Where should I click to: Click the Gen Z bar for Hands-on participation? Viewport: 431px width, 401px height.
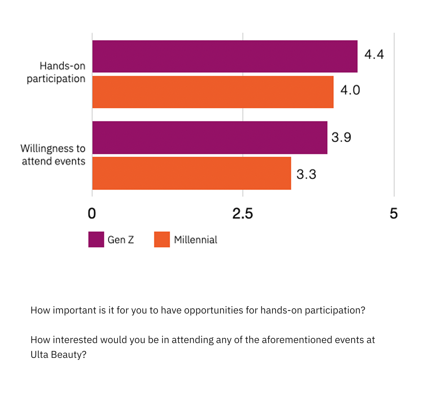pos(225,56)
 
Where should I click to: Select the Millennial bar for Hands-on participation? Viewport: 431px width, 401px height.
pos(213,92)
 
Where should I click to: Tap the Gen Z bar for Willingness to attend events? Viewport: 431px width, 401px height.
pos(210,138)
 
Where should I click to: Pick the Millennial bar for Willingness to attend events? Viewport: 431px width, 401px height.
pos(192,173)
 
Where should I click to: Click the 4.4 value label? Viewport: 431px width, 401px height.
pos(374,54)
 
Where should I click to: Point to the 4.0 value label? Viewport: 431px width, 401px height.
pos(350,90)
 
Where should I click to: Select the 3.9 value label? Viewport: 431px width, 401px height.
pos(341,137)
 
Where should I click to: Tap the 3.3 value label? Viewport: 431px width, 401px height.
pos(306,174)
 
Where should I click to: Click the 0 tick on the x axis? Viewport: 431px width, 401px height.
pos(92,213)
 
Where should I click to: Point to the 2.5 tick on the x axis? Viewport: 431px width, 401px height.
pos(242,213)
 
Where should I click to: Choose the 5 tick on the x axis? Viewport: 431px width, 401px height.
pos(394,213)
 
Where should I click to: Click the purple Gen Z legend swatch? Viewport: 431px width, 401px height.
pos(96,239)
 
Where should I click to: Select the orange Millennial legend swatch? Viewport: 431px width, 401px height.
pos(162,239)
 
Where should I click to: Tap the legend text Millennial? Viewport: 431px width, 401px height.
pos(195,240)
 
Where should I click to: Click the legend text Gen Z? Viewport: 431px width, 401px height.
pos(121,240)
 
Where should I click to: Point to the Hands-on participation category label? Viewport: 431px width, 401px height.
pos(56,72)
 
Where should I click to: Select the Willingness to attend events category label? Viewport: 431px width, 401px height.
pos(53,155)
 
